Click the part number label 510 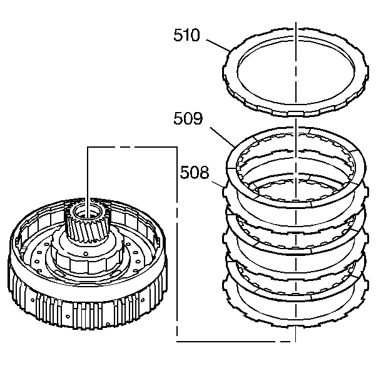click(x=186, y=36)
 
